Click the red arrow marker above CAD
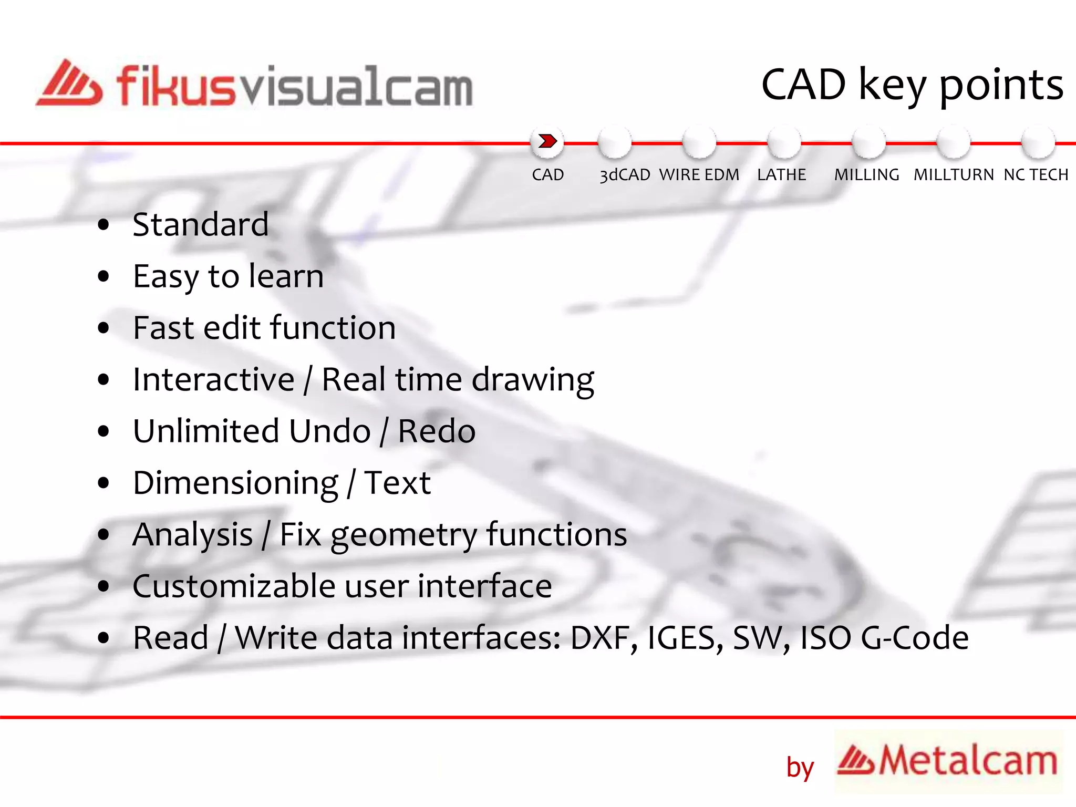pos(547,141)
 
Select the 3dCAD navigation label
pos(625,175)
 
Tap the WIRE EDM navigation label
pos(699,174)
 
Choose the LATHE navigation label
pos(781,174)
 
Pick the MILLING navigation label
pos(866,174)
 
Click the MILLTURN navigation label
pos(953,174)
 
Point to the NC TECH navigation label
pos(1036,174)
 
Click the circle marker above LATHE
pos(783,142)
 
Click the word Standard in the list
pos(200,224)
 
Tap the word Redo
pos(437,431)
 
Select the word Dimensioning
pos(236,483)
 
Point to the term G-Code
pos(914,638)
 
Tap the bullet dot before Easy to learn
pos(104,276)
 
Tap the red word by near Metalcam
pos(799,768)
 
